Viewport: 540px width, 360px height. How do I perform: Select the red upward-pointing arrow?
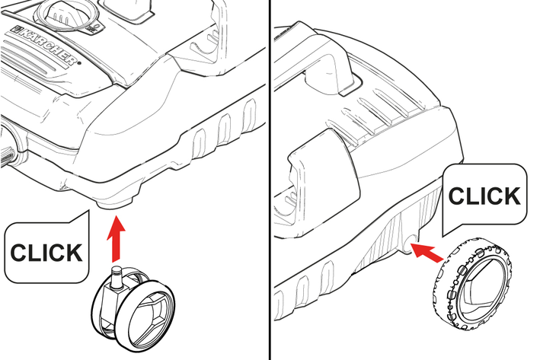click(x=116, y=238)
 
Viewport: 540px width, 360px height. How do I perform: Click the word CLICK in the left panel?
click(x=46, y=253)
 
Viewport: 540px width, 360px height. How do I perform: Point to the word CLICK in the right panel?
click(x=484, y=196)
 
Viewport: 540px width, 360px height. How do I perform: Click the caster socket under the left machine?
click(x=114, y=203)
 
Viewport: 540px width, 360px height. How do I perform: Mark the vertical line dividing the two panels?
click(x=270, y=180)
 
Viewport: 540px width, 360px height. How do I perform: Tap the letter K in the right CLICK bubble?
click(x=511, y=196)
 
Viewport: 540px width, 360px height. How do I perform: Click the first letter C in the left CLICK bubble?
click(x=20, y=253)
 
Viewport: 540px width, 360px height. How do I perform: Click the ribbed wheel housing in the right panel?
click(x=396, y=234)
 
